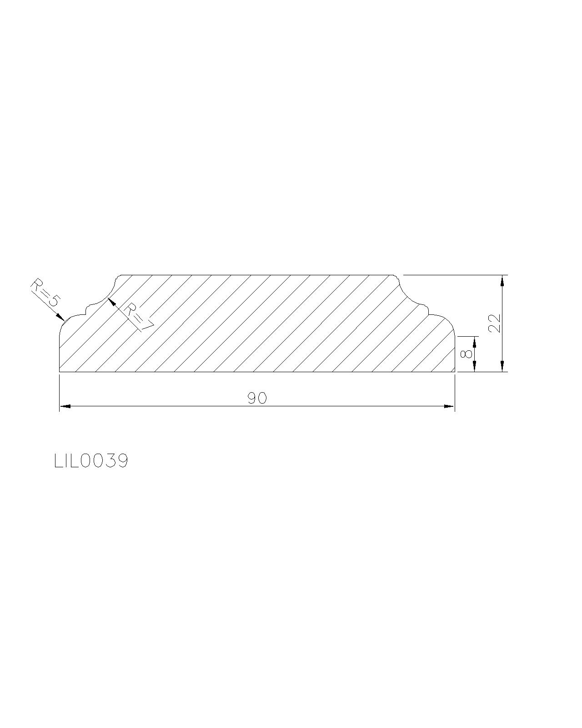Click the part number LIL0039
pyautogui.click(x=91, y=461)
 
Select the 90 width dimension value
pyautogui.click(x=257, y=398)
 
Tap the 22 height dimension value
pyautogui.click(x=495, y=324)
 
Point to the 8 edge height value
pyautogui.click(x=467, y=354)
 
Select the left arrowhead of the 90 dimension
pyautogui.click(x=65, y=406)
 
